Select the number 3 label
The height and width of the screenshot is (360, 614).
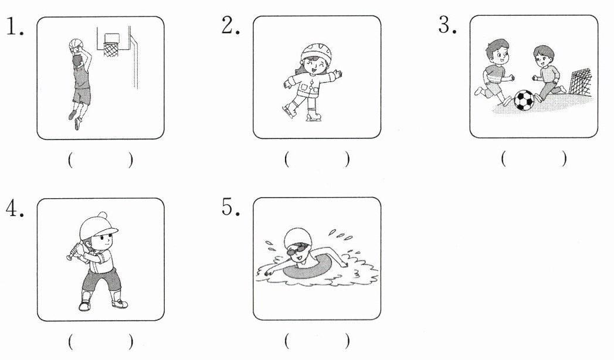pos(447,25)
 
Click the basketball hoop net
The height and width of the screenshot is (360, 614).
pos(111,49)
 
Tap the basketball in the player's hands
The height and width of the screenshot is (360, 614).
pos(75,45)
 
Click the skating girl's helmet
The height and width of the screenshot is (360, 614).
pos(316,51)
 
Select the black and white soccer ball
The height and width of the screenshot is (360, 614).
pos(524,100)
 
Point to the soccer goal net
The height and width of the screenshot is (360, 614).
pos(580,81)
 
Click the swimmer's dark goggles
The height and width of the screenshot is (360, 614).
pos(296,249)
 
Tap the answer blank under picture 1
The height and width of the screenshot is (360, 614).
pos(100,160)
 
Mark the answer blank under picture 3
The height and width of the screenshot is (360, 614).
pos(533,158)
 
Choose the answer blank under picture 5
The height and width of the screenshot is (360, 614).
pos(317,341)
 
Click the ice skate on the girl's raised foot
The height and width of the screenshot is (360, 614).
pos(289,111)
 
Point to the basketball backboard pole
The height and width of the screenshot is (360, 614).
pos(135,63)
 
